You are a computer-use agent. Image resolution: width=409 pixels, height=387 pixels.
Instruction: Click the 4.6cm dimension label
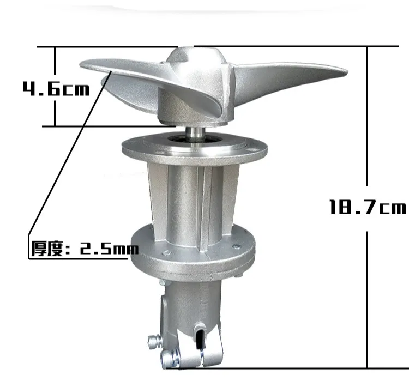(x=56, y=89)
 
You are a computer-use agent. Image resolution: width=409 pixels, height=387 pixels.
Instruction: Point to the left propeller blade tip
(x=81, y=64)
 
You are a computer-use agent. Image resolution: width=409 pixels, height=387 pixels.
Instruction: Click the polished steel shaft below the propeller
(x=195, y=134)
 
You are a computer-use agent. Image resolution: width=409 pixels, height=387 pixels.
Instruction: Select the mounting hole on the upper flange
(x=252, y=150)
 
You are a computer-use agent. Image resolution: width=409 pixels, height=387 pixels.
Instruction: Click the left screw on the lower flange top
(x=166, y=253)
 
